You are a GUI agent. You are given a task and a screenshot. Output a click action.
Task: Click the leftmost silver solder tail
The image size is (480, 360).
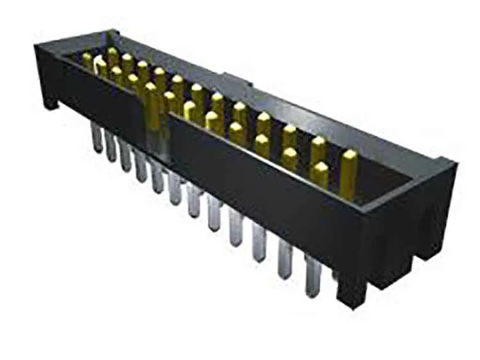click(x=97, y=137)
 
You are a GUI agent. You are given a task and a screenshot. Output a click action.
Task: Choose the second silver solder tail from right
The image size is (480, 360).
click(x=285, y=259)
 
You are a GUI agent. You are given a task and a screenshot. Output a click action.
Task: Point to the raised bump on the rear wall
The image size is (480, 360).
click(x=234, y=81)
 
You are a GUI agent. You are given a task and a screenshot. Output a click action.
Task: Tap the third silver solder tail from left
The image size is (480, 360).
click(x=125, y=157)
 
